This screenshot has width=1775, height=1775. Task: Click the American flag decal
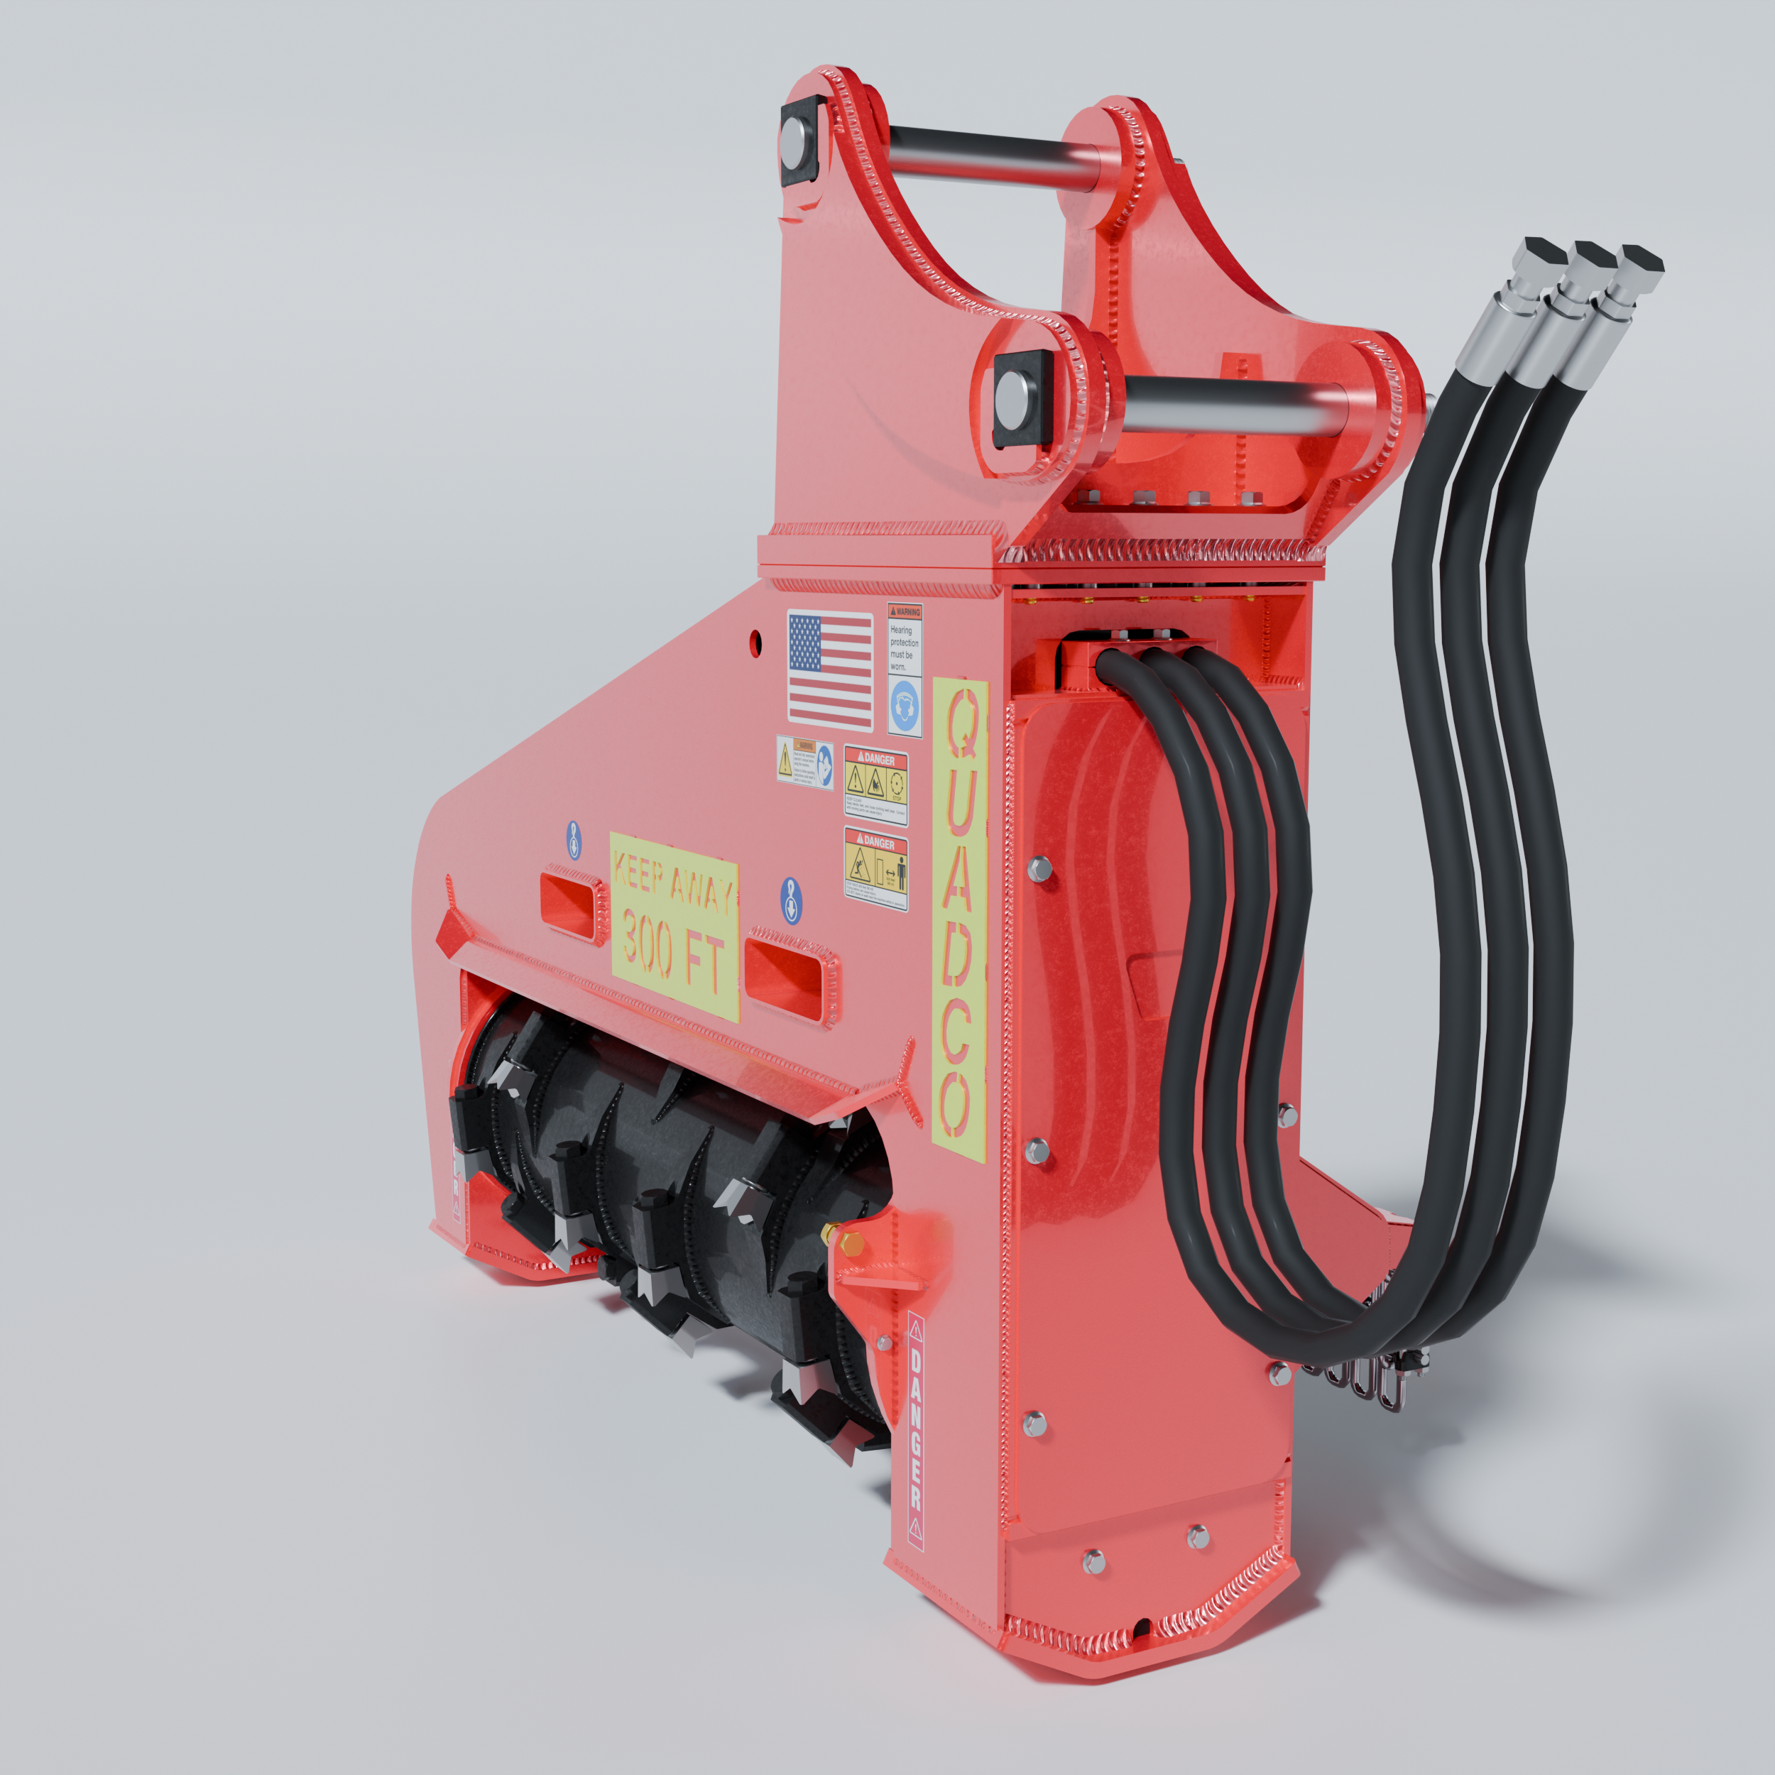(x=829, y=671)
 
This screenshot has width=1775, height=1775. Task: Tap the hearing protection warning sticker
(x=904, y=668)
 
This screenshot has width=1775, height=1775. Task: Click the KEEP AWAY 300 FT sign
(x=674, y=926)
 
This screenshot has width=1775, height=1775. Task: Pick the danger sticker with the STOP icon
(x=875, y=784)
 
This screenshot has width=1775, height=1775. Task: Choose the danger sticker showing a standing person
(x=875, y=869)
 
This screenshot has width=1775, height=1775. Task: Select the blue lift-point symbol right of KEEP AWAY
(x=791, y=900)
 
